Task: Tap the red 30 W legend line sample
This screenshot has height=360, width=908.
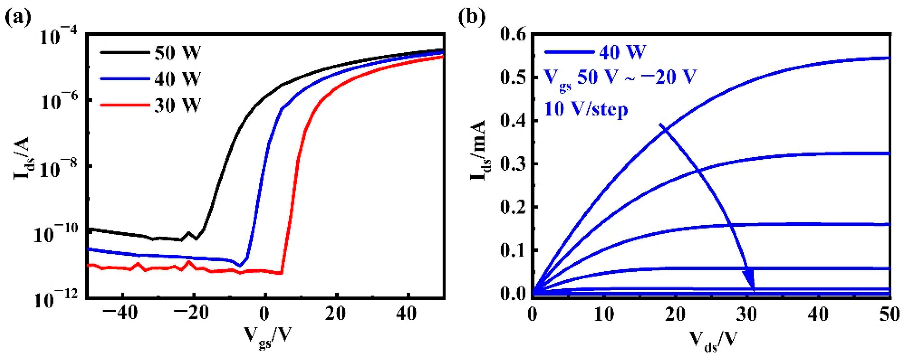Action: pos(124,105)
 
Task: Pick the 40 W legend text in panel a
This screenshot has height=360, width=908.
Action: pos(177,78)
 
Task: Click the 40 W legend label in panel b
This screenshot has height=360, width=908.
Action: pos(622,52)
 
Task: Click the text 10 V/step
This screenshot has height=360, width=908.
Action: pos(586,109)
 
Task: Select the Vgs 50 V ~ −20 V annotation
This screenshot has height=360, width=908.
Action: pos(620,78)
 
